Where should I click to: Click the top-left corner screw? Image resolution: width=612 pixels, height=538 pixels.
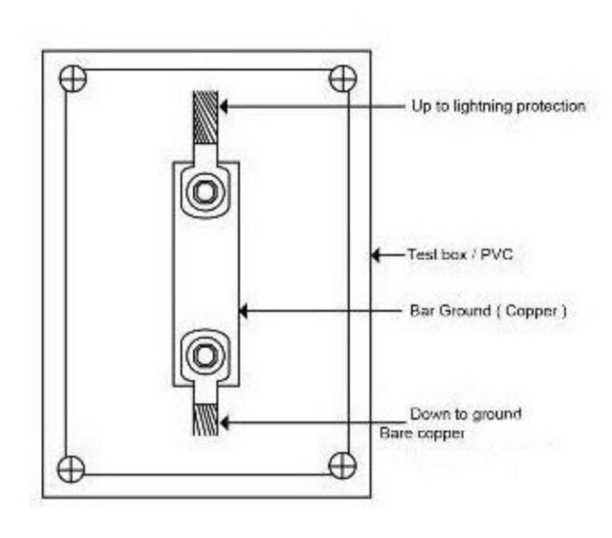72,77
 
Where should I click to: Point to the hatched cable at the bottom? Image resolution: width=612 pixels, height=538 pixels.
206,421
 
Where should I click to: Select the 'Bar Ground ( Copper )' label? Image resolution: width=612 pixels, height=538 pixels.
487,311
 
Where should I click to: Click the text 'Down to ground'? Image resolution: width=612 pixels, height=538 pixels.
466,414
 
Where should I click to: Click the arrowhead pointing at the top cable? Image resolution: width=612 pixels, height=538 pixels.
226,105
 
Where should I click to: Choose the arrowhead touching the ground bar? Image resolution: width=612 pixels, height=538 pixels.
244,311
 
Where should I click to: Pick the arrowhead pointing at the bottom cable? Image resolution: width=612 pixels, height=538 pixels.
226,418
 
